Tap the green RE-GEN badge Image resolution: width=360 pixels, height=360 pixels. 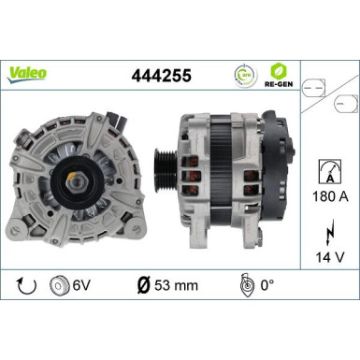coord(279,72)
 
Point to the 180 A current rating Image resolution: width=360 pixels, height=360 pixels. coord(326,197)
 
